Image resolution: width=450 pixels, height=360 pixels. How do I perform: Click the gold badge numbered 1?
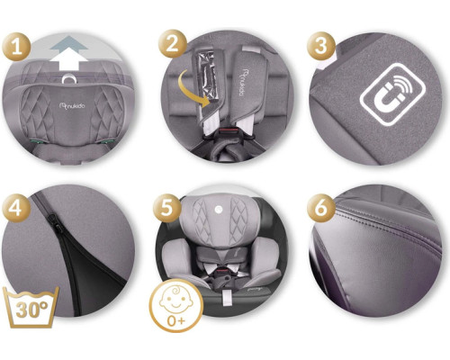16,47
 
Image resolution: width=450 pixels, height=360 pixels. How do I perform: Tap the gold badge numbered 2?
173,44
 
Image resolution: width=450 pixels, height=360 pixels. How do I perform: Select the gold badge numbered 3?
320,46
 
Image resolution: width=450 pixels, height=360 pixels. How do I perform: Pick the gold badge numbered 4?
16,208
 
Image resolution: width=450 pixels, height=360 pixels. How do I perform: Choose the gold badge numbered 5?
167,208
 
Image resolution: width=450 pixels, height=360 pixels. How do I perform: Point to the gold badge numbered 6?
320,208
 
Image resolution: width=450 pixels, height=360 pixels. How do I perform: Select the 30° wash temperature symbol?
31,308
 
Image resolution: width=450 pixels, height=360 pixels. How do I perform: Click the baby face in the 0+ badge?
176,300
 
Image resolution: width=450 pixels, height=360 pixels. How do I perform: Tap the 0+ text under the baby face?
176,321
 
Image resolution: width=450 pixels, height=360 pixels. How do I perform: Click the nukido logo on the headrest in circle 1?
72,105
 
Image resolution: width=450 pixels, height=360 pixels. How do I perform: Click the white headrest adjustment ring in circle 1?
69,78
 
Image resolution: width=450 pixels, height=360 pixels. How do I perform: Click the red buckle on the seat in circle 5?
221,270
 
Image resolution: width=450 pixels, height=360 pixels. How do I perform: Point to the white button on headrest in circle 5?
217,208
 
